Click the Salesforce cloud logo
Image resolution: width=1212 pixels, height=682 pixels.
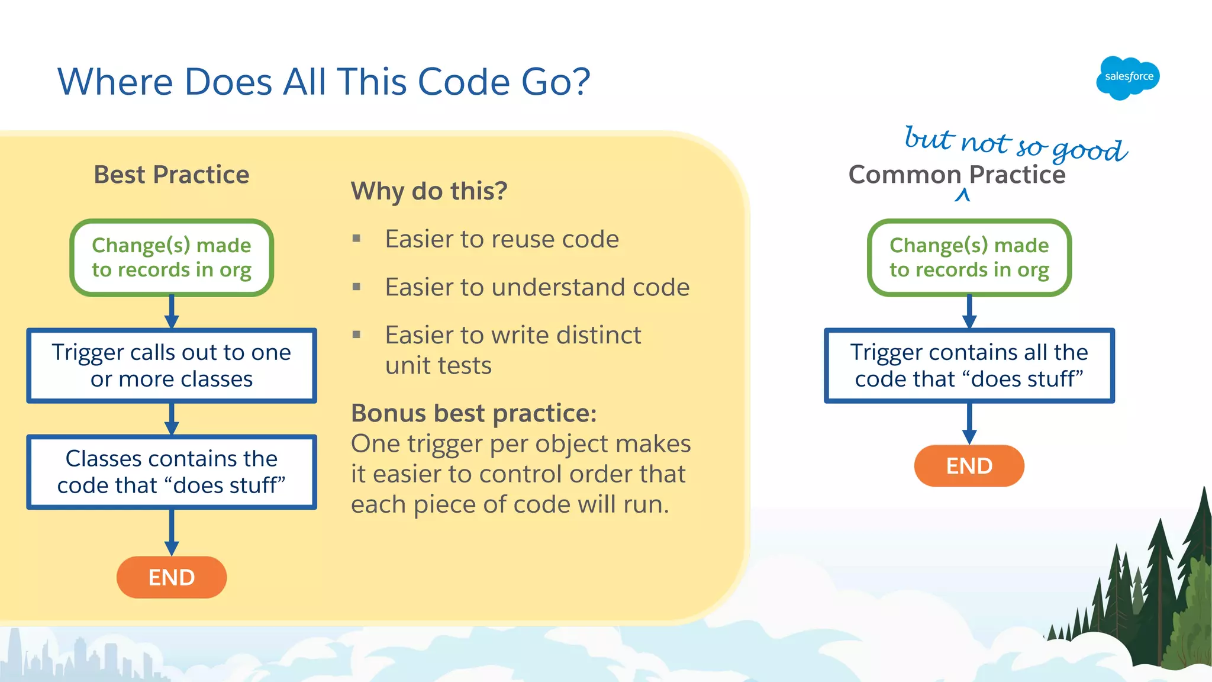coord(1128,78)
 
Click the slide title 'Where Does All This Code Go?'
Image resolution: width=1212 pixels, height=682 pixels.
coord(324,82)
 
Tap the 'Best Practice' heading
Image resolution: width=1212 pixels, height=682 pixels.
coord(172,175)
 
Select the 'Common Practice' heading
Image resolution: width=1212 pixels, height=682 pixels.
coord(956,175)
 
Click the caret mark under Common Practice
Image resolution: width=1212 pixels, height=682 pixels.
coord(962,195)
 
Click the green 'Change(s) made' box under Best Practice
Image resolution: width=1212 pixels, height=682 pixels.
coord(172,258)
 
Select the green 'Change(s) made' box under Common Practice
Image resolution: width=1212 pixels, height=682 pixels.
coord(969,258)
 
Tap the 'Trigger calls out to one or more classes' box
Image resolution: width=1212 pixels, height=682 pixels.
coord(172,365)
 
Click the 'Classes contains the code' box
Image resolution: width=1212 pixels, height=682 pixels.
coord(172,472)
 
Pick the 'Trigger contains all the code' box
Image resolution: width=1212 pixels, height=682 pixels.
coord(969,365)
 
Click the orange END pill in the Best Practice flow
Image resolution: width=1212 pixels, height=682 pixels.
coord(172,577)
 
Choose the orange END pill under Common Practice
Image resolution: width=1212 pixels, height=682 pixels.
coord(969,466)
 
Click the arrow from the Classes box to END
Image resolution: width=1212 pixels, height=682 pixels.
coord(172,532)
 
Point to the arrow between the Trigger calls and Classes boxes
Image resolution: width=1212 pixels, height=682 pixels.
coord(172,419)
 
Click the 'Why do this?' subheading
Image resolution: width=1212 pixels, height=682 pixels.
coord(429,191)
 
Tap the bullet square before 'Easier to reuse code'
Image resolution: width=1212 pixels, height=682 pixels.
coord(356,239)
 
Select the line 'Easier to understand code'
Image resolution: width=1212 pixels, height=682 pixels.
coord(537,287)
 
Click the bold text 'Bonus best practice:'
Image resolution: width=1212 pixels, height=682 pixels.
coord(473,413)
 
